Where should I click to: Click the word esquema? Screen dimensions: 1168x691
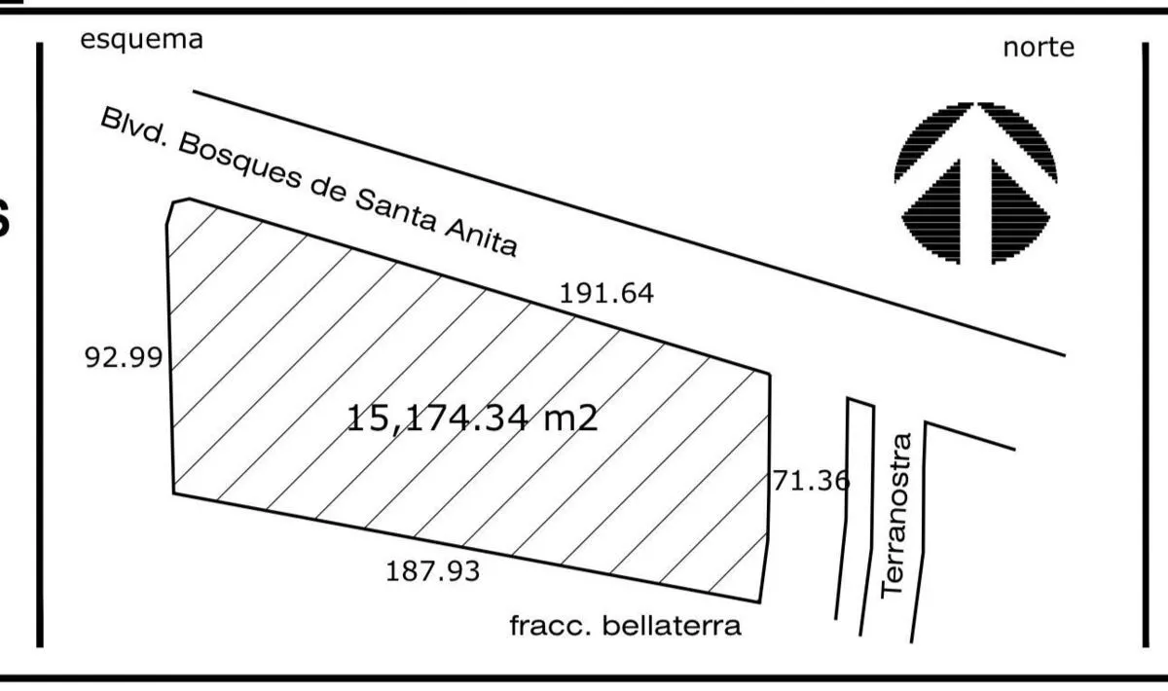pos(141,41)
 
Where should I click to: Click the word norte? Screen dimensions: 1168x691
pos(1039,48)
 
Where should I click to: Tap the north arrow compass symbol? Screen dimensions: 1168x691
pos(975,183)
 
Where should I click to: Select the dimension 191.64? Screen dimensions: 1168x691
pos(605,293)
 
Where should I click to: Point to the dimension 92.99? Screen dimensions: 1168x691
pos(123,358)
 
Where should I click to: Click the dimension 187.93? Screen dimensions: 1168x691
pos(432,571)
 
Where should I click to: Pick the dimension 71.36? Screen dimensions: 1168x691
pos(811,481)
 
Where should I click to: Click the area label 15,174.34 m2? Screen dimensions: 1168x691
pos(472,418)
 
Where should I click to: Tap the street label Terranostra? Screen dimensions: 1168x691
pos(895,516)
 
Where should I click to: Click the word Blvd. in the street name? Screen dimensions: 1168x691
pos(134,128)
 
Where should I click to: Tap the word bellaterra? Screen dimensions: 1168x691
pos(672,626)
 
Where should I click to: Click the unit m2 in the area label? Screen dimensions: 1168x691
pos(570,418)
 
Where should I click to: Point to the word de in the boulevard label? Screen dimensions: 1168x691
pos(328,190)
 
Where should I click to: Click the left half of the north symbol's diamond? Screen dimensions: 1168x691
pos(931,212)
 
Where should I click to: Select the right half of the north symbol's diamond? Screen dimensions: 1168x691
pos(1020,212)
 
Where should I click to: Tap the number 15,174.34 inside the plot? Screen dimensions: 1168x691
pos(437,418)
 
